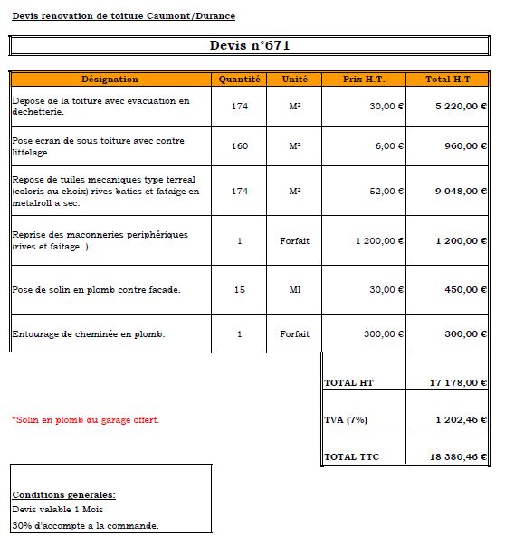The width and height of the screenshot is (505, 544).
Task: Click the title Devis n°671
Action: (x=250, y=45)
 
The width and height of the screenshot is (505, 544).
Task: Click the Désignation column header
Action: (x=110, y=80)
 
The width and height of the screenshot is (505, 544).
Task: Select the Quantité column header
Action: (x=240, y=80)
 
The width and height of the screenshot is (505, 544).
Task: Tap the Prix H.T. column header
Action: (x=364, y=80)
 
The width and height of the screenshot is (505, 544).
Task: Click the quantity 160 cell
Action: (x=240, y=146)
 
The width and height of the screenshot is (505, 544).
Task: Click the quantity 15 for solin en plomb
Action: (x=240, y=290)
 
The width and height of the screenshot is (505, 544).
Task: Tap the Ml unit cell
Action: (x=294, y=290)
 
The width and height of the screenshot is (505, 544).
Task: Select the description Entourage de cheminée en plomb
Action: (x=89, y=333)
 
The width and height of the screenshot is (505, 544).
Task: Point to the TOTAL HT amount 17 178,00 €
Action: (x=459, y=383)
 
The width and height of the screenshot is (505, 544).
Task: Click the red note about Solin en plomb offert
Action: (x=85, y=420)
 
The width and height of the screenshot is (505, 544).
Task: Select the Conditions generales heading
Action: (x=63, y=495)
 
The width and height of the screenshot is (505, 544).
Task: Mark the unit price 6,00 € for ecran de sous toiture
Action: (x=389, y=146)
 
